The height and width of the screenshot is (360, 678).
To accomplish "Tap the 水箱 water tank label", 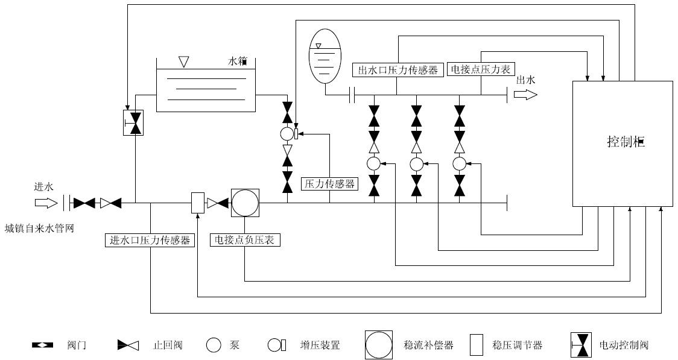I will tap(238, 62).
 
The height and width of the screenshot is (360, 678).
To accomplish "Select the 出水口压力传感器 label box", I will tap(398, 70).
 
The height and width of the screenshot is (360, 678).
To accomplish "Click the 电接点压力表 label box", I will tap(480, 70).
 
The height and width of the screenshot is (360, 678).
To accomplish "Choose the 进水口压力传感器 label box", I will tap(150, 240).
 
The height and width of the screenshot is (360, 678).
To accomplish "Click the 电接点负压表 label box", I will tap(244, 240).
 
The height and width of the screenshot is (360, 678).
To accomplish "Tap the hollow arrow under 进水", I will tap(44, 203).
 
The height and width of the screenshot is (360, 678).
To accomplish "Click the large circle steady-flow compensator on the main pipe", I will tap(245, 203).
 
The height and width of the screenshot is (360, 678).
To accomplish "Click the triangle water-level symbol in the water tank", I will tap(184, 62).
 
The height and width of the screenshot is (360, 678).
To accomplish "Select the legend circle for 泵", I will tap(214, 346).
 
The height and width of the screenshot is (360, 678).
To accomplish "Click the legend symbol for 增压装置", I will tap(276, 346).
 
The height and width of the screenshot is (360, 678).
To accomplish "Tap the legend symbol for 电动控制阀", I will tap(581, 346).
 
